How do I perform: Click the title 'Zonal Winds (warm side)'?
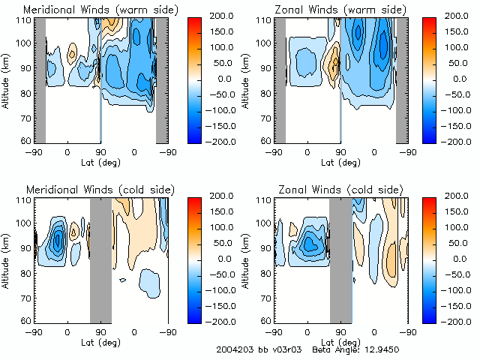click(x=327, y=9)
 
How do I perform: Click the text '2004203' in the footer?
click(x=232, y=350)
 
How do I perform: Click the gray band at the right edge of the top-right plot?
click(x=402, y=79)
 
